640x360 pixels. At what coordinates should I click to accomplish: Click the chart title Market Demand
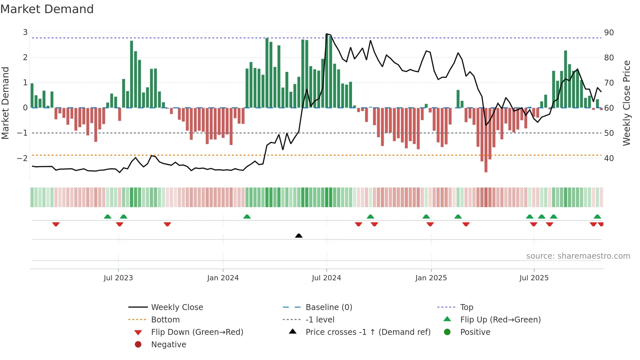[x=47, y=9]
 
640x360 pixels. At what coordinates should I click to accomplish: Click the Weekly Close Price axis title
[x=626, y=103]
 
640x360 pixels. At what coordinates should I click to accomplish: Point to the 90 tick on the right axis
[x=609, y=33]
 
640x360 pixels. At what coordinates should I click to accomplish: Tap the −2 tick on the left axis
[x=22, y=158]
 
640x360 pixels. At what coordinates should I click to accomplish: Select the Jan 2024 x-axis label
[x=223, y=278]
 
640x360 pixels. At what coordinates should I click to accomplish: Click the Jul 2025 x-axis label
[x=534, y=278]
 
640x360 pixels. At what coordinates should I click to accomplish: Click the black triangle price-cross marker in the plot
[x=298, y=236]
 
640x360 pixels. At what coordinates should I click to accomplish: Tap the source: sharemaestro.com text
[x=578, y=256]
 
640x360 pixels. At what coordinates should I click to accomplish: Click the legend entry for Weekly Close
[x=177, y=307]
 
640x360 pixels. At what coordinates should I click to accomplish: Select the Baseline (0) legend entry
[x=328, y=307]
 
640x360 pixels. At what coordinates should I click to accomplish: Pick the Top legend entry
[x=466, y=307]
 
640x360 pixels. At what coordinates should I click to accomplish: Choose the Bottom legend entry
[x=165, y=320]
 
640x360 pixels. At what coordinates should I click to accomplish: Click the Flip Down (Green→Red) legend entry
[x=197, y=332]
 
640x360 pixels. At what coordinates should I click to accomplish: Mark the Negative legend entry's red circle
[x=138, y=345]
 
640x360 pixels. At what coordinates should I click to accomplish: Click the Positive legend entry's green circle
[x=447, y=332]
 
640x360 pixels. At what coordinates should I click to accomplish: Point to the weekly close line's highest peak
[x=327, y=34]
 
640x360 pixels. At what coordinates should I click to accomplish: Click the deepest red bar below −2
[x=486, y=163]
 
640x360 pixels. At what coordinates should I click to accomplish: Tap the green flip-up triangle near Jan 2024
[x=247, y=217]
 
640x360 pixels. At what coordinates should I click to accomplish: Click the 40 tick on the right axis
[x=609, y=158]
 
